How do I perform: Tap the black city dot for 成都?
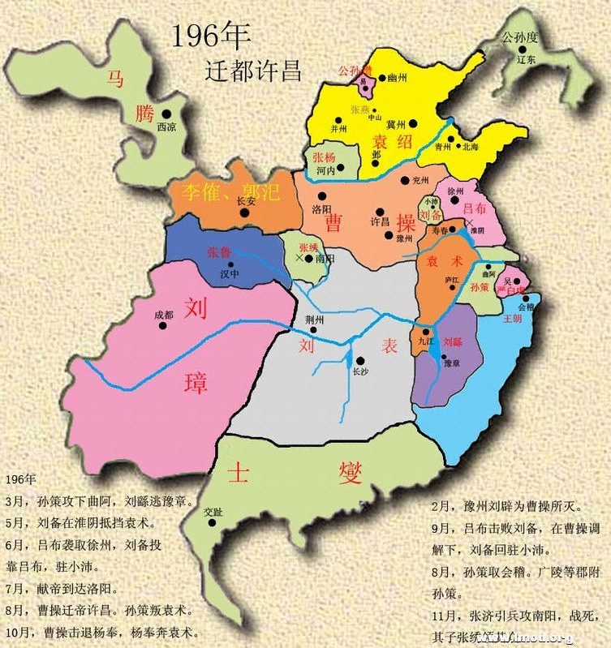point(163,325)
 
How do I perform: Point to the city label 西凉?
point(166,127)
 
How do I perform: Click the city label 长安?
point(244,202)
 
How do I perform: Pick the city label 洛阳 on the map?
point(321,208)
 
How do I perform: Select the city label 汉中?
point(230,275)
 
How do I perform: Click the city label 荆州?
point(313,319)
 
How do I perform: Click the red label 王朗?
point(512,318)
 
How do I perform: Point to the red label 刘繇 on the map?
point(453,341)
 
